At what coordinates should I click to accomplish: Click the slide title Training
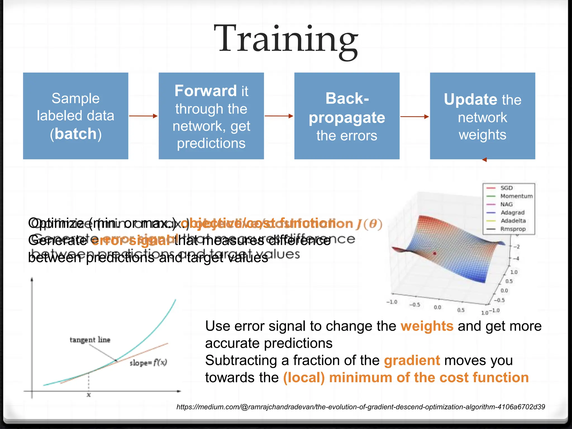click(286, 39)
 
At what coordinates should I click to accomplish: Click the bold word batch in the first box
click(76, 134)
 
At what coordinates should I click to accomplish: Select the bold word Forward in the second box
click(206, 91)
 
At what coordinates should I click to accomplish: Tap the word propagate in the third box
click(347, 118)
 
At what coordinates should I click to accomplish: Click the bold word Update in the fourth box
click(471, 99)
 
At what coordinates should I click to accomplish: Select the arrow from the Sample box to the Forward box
click(143, 116)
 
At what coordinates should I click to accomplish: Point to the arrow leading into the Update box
click(414, 116)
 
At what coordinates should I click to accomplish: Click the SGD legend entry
click(506, 188)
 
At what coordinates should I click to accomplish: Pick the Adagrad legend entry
click(512, 213)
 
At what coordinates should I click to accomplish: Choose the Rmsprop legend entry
click(513, 229)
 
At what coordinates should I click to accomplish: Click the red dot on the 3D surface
click(435, 253)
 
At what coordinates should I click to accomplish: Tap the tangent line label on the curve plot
click(90, 340)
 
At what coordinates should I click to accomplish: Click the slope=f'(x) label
click(148, 363)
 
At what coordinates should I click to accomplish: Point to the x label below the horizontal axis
click(89, 395)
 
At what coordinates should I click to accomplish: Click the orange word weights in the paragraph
click(427, 326)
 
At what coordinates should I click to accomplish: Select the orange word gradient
click(412, 360)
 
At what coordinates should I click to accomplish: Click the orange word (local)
click(304, 378)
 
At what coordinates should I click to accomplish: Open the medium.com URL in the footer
click(361, 407)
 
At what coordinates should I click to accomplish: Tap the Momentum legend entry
click(516, 196)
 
